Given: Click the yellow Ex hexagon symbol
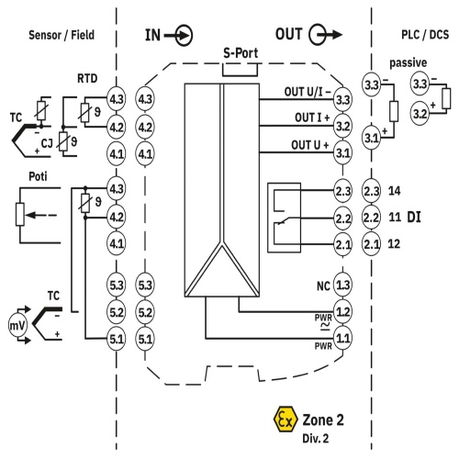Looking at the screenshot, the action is pyautogui.click(x=285, y=419).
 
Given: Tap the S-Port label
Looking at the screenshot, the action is pyautogui.click(x=241, y=53).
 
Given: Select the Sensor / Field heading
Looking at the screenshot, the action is pyautogui.click(x=62, y=35).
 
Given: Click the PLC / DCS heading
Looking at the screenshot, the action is pyautogui.click(x=425, y=35).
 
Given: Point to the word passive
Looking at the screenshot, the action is pyautogui.click(x=408, y=62).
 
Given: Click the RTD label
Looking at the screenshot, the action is pyautogui.click(x=87, y=79).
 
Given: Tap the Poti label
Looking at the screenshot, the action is pyautogui.click(x=38, y=176).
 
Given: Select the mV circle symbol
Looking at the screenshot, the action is pyautogui.click(x=17, y=325).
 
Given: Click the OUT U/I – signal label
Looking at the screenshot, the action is pyautogui.click(x=308, y=92).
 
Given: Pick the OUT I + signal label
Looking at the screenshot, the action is pyautogui.click(x=312, y=118).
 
